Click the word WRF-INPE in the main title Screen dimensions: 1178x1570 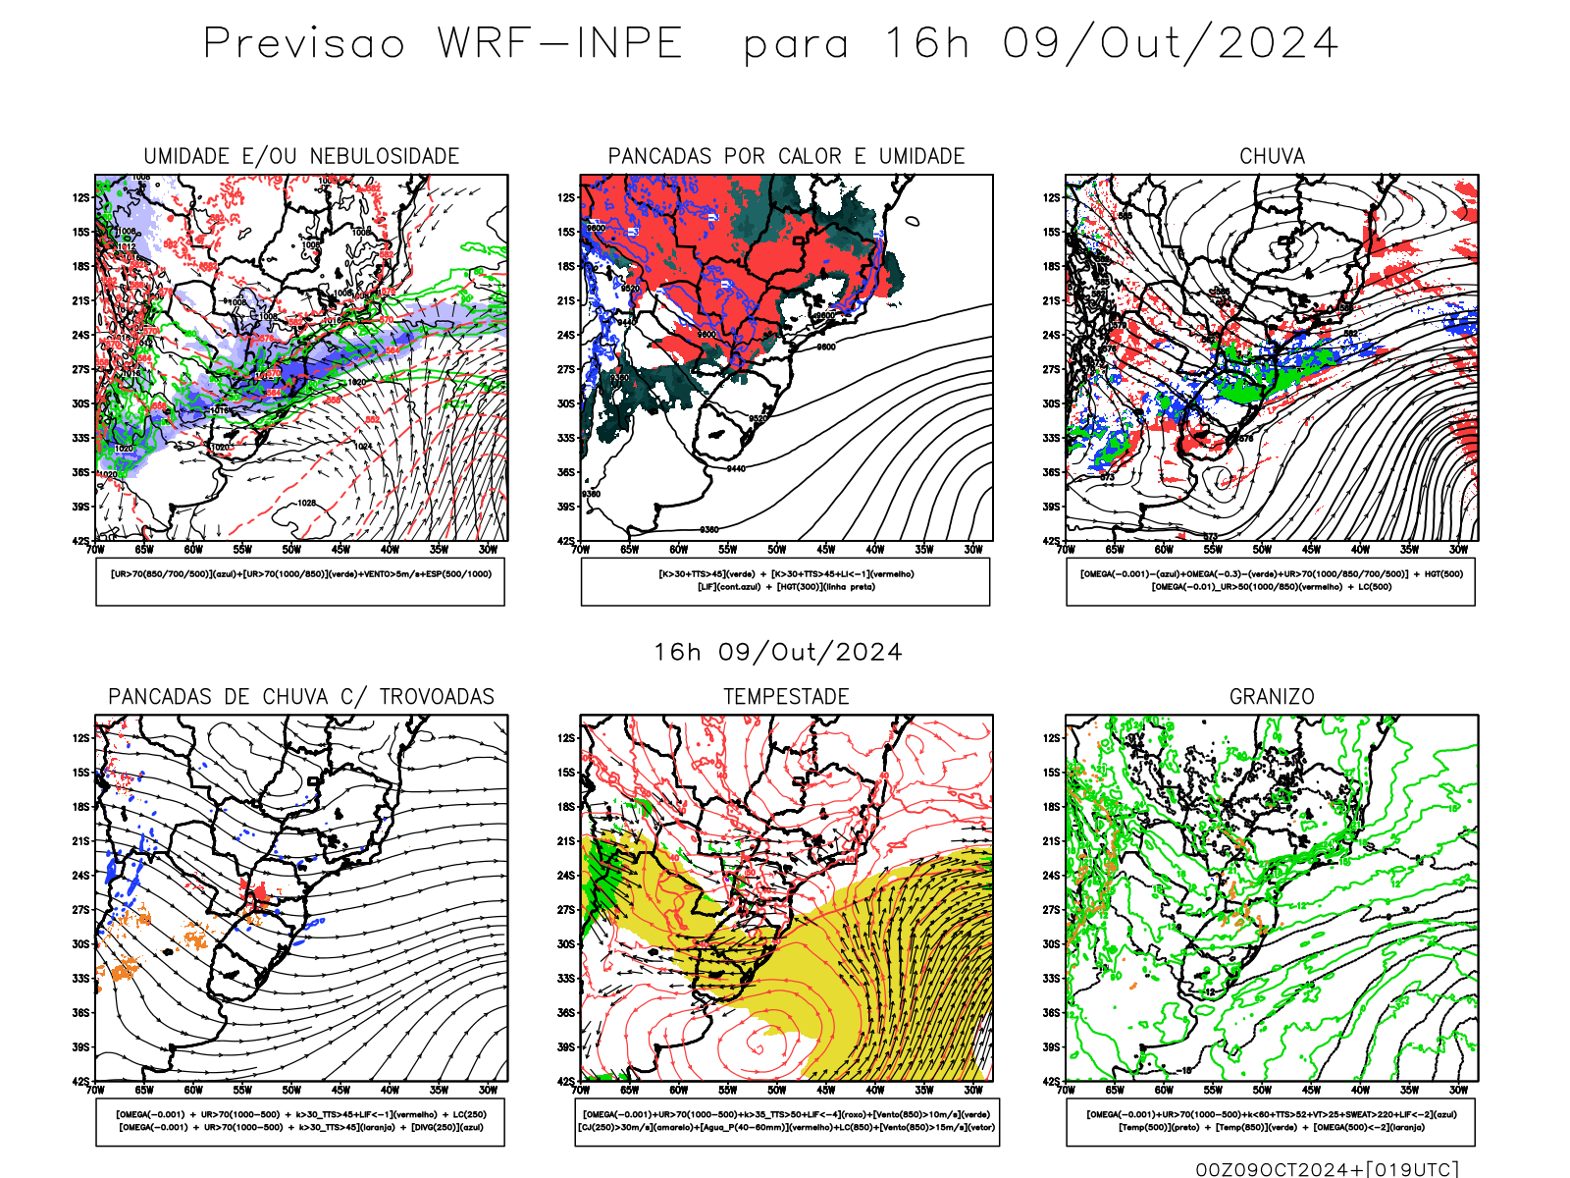tap(559, 44)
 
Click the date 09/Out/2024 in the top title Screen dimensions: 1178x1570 tap(1170, 44)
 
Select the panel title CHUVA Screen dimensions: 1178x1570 tap(1272, 156)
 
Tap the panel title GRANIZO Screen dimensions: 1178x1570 tap(1272, 697)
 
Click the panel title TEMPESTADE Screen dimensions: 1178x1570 tap(786, 697)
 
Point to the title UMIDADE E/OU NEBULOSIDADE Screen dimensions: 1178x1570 tap(301, 156)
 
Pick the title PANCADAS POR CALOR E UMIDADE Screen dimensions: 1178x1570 tap(786, 156)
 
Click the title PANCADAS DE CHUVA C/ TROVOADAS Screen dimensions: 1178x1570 tap(301, 697)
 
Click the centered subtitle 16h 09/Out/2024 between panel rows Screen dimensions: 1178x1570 tap(778, 653)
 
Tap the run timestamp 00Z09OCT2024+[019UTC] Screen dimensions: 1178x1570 tap(1327, 1169)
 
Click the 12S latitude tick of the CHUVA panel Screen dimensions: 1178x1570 tap(1052, 197)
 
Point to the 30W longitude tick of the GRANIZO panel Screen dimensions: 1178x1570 tap(1459, 1091)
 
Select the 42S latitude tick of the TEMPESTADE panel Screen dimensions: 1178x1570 tap(566, 1082)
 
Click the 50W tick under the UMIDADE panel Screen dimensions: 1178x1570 tap(291, 550)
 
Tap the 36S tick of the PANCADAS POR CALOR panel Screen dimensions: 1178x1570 tap(566, 472)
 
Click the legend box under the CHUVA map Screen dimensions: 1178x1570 tap(1271, 581)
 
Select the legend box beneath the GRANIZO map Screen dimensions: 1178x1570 tap(1271, 1121)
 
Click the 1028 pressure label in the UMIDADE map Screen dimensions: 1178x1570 tap(306, 503)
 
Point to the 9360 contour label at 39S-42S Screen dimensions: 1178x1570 tap(708, 530)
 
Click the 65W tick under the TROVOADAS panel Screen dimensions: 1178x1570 tap(144, 1091)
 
